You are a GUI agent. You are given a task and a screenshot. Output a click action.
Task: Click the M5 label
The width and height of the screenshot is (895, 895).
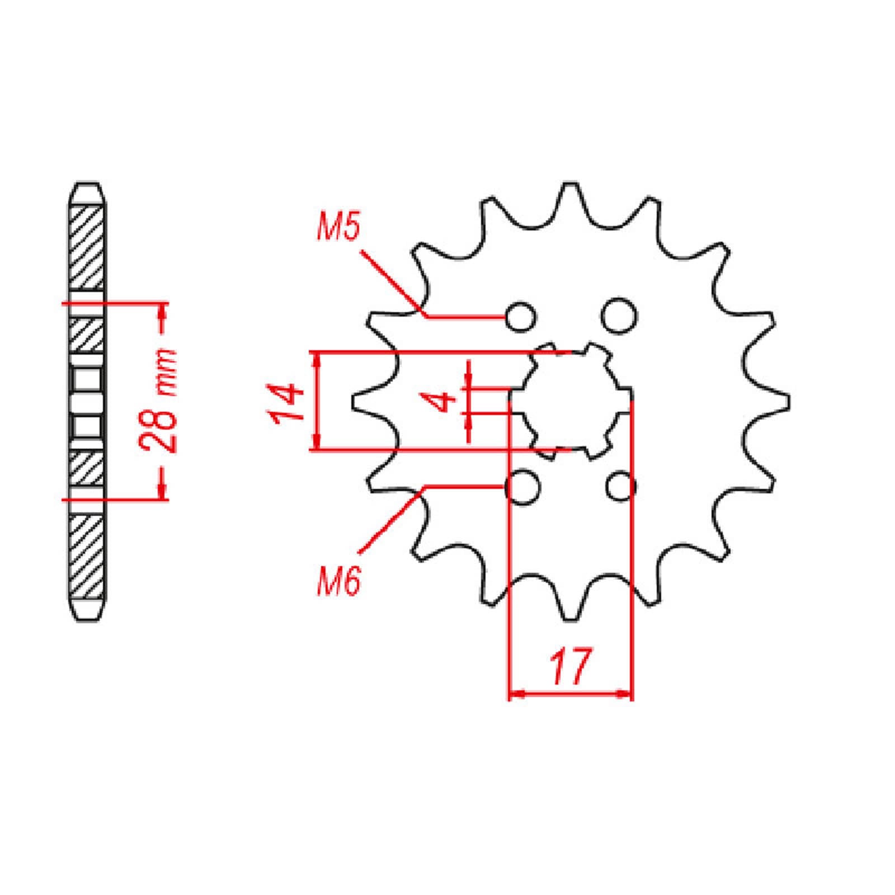coord(338,227)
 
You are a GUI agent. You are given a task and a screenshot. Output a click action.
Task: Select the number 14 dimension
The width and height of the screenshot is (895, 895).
coord(286,402)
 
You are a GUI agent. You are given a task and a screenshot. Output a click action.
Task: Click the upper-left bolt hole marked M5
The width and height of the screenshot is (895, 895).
coord(521,317)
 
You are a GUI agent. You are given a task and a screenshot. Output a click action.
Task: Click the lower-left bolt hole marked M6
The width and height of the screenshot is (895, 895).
coord(521,487)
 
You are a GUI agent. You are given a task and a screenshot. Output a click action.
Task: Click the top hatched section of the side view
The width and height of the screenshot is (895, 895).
coord(87,246)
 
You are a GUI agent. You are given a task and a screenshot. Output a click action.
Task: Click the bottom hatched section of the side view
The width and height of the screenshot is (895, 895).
coord(87,557)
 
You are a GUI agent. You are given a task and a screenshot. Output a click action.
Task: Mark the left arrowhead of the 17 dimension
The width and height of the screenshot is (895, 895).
coord(517,694)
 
